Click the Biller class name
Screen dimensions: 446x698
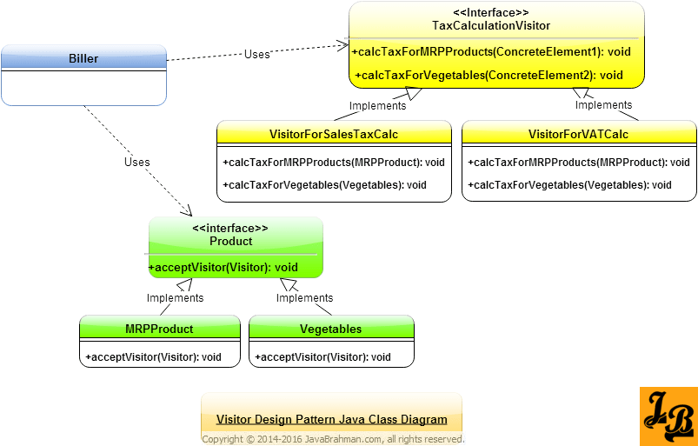click(83, 59)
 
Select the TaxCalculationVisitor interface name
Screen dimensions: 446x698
click(491, 26)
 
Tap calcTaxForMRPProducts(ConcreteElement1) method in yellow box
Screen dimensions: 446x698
click(491, 52)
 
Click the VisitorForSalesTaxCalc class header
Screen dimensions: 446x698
click(334, 134)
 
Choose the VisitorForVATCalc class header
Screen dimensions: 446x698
click(578, 134)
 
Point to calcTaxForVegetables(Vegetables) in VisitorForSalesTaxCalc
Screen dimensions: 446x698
click(324, 185)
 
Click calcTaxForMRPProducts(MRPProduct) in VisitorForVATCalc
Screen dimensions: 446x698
click(578, 163)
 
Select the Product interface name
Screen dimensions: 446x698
click(231, 241)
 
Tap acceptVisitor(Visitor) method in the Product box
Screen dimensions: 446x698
click(223, 267)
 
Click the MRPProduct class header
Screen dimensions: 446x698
click(159, 329)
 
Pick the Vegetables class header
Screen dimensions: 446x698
click(330, 329)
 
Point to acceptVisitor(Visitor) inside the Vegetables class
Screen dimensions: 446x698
click(322, 357)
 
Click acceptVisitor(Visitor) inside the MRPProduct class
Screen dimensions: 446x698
click(153, 357)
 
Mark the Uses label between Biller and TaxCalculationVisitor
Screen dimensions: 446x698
click(256, 54)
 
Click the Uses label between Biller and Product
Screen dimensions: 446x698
click(136, 162)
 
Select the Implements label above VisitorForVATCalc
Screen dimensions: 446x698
click(603, 105)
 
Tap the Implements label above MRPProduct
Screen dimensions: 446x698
click(175, 297)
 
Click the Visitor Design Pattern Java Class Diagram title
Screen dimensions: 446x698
click(331, 419)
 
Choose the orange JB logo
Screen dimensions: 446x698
click(668, 416)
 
